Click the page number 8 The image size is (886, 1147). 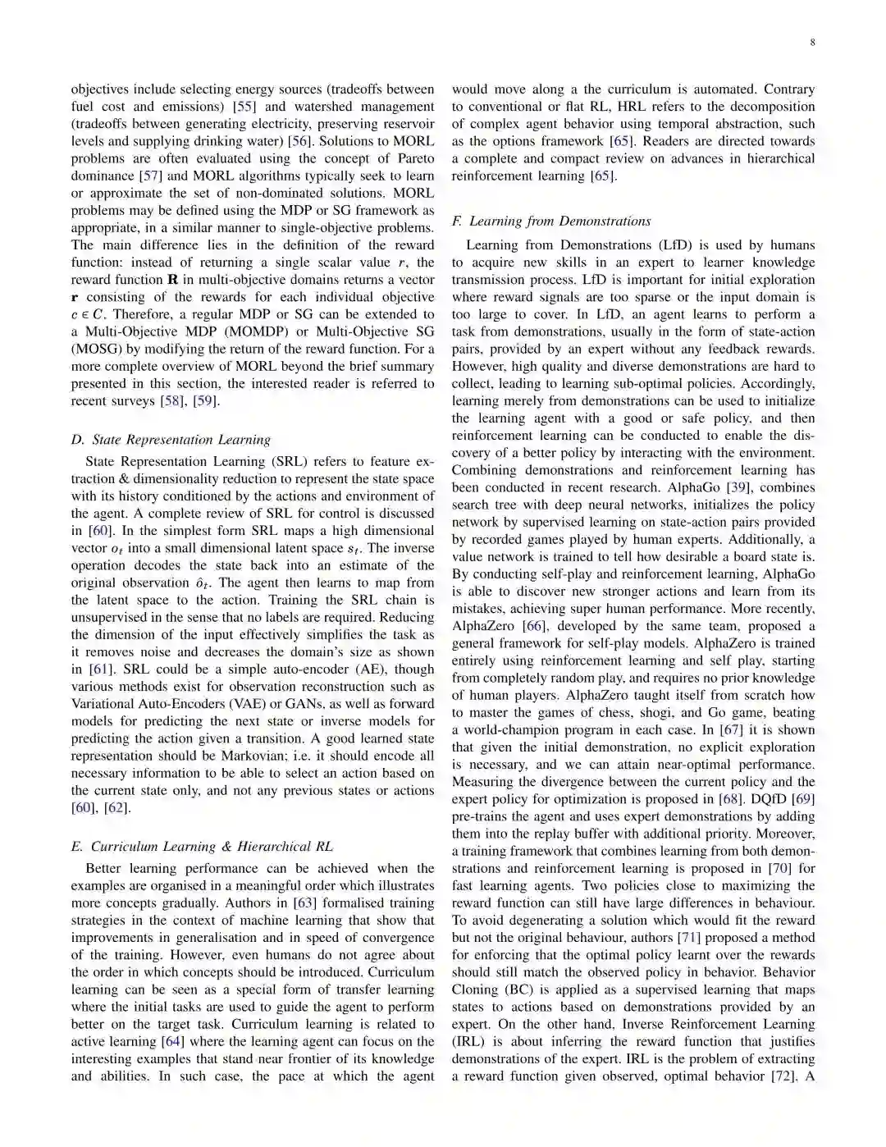812,43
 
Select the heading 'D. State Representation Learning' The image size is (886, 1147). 171,440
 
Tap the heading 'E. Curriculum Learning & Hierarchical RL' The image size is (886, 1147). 202,847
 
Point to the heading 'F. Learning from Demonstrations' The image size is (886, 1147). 551,221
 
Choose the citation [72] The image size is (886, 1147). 783,1076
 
